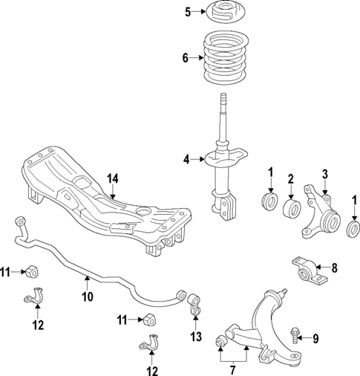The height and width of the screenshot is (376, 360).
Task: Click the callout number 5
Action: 188,11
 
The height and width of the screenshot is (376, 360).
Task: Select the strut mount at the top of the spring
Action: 223,13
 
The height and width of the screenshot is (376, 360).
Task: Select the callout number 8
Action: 333,267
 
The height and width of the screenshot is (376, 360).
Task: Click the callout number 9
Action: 315,339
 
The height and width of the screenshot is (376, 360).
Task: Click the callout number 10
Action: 87,297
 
